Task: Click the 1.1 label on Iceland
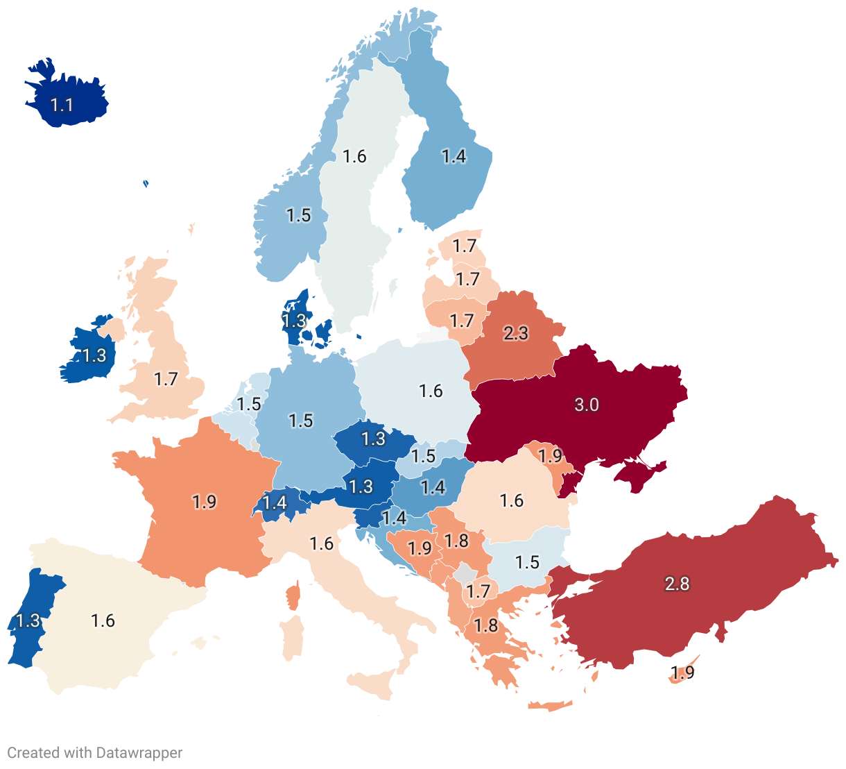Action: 62,105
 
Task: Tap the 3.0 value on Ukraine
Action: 587,405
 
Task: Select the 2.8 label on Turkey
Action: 677,584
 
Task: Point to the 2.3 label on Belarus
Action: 516,333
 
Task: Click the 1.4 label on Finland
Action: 454,156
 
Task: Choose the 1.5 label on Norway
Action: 299,215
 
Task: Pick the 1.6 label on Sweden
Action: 354,156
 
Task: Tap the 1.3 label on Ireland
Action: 94,355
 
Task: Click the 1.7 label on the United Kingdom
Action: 166,379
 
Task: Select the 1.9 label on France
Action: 205,501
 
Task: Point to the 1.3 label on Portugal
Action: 28,620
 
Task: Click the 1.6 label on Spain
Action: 103,620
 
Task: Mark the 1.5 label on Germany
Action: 301,421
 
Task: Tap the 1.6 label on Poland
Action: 431,391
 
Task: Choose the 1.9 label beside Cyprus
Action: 682,673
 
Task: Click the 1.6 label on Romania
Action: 512,500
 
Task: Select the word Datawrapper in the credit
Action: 139,753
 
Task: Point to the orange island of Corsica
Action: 293,595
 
